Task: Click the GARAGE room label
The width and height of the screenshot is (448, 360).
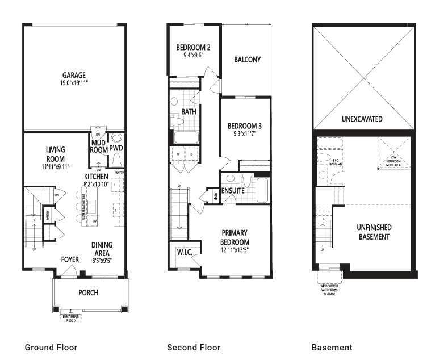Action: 74,75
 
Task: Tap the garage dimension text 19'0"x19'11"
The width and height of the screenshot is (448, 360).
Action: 74,83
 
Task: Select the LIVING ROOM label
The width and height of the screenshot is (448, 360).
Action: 56,154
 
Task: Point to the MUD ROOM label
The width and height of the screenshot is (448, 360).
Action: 99,147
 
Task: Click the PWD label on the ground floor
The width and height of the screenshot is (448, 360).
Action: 116,148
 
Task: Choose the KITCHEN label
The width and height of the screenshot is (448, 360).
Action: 96,177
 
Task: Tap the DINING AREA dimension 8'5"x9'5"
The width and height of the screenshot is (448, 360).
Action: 102,261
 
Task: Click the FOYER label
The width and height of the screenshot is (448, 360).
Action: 70,260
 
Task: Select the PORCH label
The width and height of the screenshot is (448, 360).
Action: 89,293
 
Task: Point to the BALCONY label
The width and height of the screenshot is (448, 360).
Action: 247,60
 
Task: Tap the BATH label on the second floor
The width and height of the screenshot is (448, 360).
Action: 189,112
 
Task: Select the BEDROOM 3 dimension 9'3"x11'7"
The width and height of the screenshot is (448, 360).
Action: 244,135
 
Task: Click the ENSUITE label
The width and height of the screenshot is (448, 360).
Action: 233,191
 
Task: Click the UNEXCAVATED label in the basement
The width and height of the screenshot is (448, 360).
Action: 362,119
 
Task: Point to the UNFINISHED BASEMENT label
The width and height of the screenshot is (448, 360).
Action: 374,232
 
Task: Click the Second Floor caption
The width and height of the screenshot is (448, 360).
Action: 194,347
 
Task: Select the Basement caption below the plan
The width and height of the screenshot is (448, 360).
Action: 332,347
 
